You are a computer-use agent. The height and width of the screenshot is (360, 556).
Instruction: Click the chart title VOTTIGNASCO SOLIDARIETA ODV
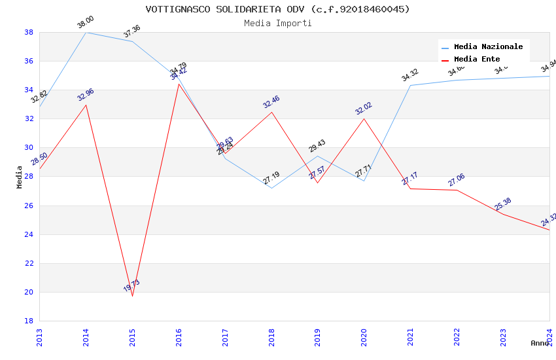pos(277,9)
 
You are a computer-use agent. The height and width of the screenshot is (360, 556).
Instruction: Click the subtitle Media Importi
pos(277,23)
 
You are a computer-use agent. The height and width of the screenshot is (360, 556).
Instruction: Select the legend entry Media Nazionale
pos(488,46)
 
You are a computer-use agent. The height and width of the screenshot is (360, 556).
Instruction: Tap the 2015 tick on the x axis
pos(132,336)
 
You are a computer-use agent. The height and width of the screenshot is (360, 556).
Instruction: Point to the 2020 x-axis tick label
pos(364,336)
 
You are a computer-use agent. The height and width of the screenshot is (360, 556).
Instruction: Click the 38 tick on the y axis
pos(29,32)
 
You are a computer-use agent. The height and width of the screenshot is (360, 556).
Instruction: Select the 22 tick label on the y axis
pos(29,263)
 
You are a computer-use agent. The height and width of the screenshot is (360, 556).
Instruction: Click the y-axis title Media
pos(20,177)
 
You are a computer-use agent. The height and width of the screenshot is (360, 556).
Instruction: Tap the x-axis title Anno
pos(540,343)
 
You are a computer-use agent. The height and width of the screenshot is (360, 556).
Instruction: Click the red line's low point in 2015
pos(133,296)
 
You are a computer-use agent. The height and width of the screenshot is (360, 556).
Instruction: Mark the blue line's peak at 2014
pos(86,32)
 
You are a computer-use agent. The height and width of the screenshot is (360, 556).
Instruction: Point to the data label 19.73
pos(131,285)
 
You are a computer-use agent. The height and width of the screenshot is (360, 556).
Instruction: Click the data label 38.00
pos(86,22)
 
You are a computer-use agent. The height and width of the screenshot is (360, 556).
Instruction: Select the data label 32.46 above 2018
pos(271,102)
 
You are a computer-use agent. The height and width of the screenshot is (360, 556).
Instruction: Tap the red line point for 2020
pos(364,118)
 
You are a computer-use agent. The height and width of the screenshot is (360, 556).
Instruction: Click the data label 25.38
pos(503,204)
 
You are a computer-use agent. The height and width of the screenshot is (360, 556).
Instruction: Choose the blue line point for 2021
pos(410,85)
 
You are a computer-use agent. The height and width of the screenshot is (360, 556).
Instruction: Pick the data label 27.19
pos(271,177)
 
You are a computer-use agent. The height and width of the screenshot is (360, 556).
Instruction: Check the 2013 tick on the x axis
pos(39,336)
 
